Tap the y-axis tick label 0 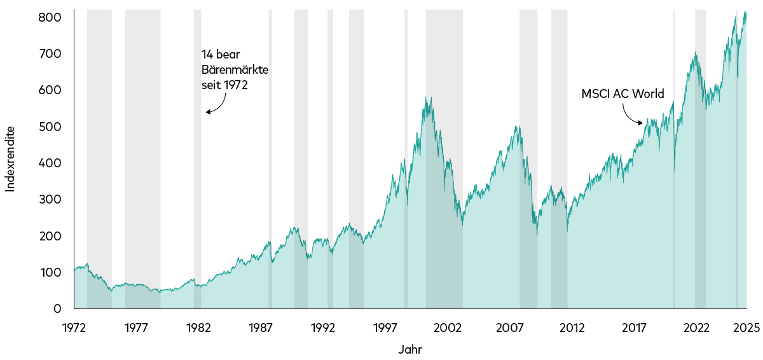point(57,309)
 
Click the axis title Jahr point(410,349)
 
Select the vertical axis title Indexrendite point(10,159)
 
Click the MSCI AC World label point(622,94)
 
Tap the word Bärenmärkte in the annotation point(235,69)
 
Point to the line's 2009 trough point(537,235)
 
